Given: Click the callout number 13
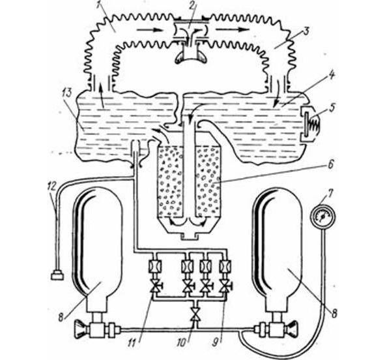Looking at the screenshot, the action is click(x=66, y=93).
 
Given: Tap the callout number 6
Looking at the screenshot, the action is click(x=331, y=164).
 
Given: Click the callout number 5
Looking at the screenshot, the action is click(x=332, y=108).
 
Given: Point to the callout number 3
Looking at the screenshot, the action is click(x=307, y=31).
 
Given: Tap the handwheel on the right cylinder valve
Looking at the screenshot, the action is click(x=293, y=329).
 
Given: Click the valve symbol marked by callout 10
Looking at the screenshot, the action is click(x=195, y=314).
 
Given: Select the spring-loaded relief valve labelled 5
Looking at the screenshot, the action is click(x=310, y=124).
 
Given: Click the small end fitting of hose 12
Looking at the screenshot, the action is click(x=57, y=275).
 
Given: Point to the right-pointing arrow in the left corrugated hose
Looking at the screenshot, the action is click(x=150, y=30).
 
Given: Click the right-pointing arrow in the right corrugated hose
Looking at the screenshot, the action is click(x=232, y=29).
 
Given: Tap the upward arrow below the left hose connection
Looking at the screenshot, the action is click(x=102, y=96).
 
